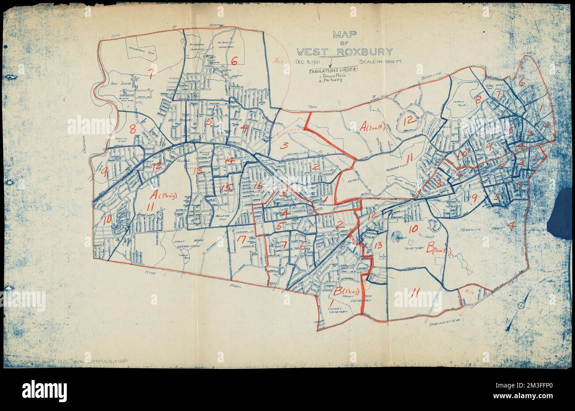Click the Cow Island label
(119, 83)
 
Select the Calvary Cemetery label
(339, 309)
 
